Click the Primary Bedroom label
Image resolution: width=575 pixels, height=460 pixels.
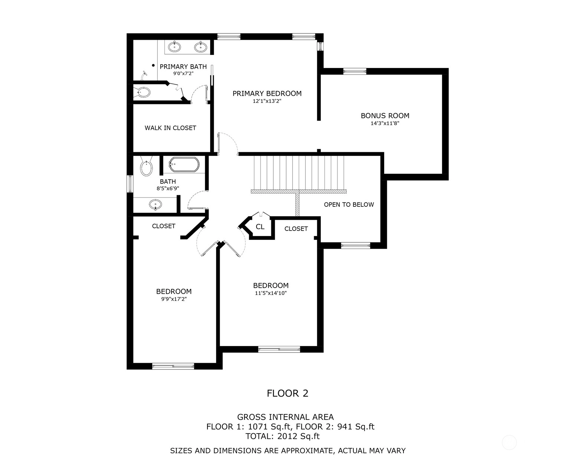[267, 94]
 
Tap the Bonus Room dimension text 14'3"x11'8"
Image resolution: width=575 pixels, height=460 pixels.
[385, 123]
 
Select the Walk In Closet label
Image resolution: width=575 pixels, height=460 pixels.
[170, 128]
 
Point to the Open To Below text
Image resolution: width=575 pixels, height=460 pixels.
[349, 205]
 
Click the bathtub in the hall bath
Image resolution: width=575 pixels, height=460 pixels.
[184, 164]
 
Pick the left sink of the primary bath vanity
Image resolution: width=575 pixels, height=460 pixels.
[174, 47]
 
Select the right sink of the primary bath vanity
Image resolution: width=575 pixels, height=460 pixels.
[200, 47]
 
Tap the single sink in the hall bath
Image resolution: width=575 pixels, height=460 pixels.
[155, 205]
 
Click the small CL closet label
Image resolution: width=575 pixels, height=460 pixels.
[260, 227]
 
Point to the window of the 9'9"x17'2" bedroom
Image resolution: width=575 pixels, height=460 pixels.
[173, 366]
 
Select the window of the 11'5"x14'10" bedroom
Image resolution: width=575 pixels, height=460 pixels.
[279, 349]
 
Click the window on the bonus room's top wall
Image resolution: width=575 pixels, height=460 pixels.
[355, 71]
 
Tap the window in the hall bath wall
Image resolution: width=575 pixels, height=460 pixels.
[130, 184]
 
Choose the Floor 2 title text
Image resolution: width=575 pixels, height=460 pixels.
[287, 394]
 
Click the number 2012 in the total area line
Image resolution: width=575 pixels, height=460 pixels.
[287, 436]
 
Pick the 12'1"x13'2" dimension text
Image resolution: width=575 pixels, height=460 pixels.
[267, 101]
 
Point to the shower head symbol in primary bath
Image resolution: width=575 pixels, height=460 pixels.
[144, 75]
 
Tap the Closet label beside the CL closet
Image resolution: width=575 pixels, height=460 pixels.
[296, 229]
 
